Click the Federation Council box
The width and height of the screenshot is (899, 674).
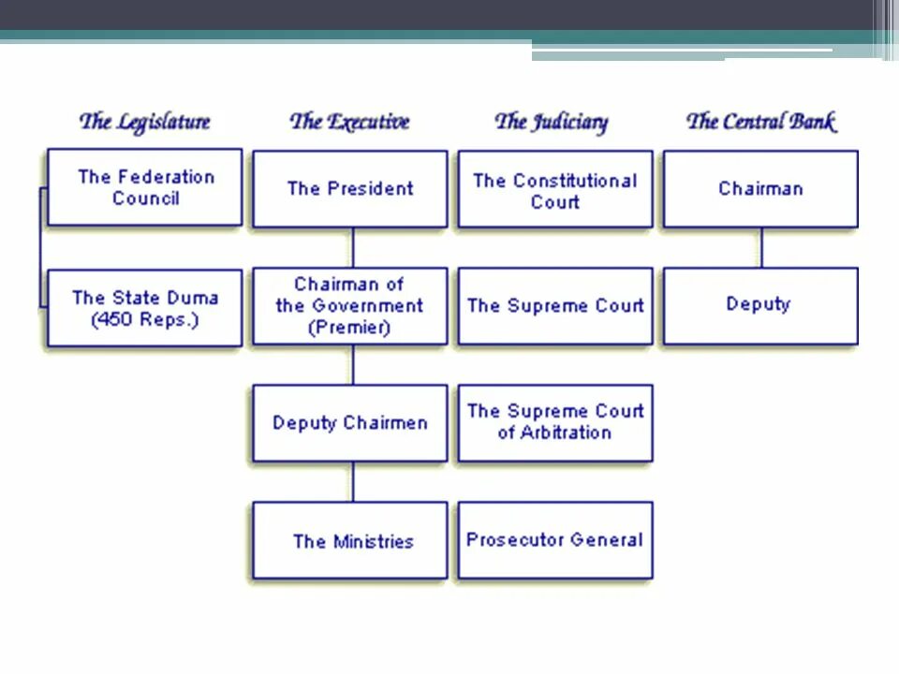[x=144, y=187]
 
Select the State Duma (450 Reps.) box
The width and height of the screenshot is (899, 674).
[x=144, y=309]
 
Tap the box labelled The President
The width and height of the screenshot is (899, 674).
[x=349, y=189]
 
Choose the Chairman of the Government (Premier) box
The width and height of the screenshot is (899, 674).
[x=349, y=306]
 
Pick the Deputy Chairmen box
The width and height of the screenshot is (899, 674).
[x=349, y=423]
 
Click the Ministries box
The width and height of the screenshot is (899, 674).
[x=349, y=541]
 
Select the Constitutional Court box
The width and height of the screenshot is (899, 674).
[x=554, y=190]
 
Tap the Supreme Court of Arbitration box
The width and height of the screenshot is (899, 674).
[x=554, y=422]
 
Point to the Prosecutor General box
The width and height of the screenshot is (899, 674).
[x=554, y=540]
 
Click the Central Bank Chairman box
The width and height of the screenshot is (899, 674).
[x=759, y=189]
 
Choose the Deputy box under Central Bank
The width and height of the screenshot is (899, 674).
[x=759, y=305]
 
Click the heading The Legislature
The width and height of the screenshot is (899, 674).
[x=144, y=122]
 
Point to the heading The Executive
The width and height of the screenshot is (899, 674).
[x=349, y=122]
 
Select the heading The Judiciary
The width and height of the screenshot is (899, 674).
[x=551, y=122]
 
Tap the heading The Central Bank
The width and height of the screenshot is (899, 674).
[x=759, y=122]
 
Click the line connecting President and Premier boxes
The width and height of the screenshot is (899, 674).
[x=353, y=248]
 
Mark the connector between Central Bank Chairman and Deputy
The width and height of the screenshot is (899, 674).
[x=761, y=248]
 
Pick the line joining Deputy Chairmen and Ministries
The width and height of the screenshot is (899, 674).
[x=353, y=482]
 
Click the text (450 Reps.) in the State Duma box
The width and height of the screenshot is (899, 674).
[x=144, y=320]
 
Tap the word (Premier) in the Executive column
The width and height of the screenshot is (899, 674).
[x=349, y=328]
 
